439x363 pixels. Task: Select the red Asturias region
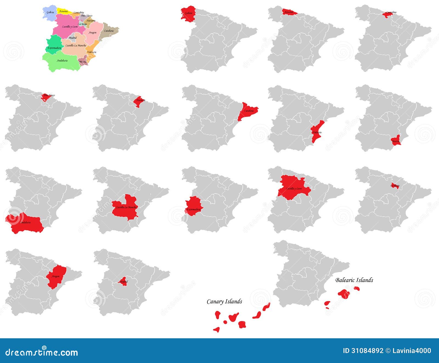[x=289, y=12]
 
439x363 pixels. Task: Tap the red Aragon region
[x=56, y=275]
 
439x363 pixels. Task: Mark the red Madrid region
[x=123, y=282]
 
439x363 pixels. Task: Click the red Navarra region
[x=140, y=101]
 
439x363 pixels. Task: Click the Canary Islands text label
[x=224, y=301]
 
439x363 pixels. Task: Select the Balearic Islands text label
[x=354, y=280]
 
